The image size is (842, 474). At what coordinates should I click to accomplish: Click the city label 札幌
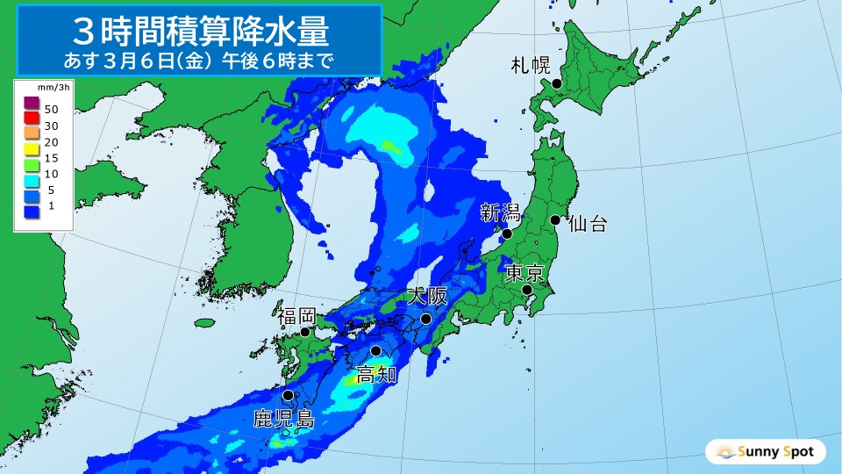[531, 64]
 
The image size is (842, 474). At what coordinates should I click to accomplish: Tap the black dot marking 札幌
[555, 84]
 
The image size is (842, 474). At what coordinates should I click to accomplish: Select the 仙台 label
[587, 224]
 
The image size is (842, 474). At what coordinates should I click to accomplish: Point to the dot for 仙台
[555, 220]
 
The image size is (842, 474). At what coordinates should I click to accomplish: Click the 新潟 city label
[500, 212]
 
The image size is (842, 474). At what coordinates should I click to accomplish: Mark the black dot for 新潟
[506, 233]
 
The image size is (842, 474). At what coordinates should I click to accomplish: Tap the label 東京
[525, 273]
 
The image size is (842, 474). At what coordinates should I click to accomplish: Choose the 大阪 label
[427, 297]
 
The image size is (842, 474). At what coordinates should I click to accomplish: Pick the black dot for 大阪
[425, 320]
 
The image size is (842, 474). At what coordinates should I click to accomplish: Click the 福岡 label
[296, 315]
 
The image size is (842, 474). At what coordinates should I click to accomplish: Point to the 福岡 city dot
[305, 332]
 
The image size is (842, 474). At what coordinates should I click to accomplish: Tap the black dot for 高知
[376, 351]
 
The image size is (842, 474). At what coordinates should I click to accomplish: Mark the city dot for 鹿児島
[288, 395]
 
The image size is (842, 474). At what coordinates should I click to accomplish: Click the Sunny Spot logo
[766, 452]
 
